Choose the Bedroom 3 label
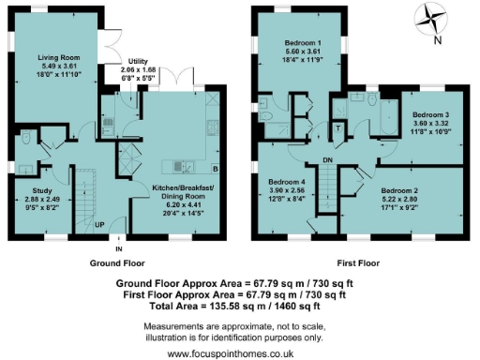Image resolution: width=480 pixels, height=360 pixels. [x=430, y=114]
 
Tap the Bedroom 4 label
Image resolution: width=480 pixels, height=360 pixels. [x=287, y=181]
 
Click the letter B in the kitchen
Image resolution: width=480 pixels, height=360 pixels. [x=215, y=169]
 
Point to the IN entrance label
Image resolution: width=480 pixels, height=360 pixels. [x=118, y=249]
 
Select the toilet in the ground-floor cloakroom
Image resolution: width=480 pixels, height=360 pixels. [x=29, y=140]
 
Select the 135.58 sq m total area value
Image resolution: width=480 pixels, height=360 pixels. [x=258, y=305]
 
